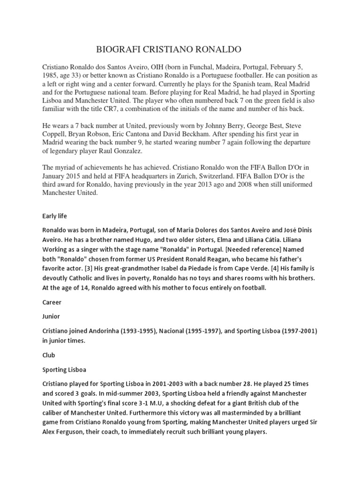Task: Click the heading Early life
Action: pyautogui.click(x=55, y=216)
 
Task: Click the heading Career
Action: pyautogui.click(x=52, y=302)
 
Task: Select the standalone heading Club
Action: pyautogui.click(x=49, y=355)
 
